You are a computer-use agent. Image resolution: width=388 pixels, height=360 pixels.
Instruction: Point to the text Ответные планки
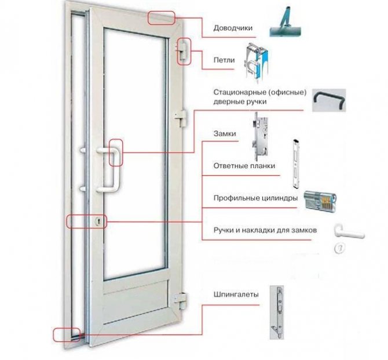click(244, 166)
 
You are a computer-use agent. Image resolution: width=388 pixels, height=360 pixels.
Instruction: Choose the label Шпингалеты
click(235, 294)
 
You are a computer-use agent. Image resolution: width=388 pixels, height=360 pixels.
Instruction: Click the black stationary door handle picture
click(329, 100)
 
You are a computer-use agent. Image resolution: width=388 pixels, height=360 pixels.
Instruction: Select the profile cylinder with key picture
click(318, 201)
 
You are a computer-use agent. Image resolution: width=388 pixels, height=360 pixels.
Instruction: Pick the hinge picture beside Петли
click(254, 60)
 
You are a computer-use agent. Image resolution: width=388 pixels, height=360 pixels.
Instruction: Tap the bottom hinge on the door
click(180, 299)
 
